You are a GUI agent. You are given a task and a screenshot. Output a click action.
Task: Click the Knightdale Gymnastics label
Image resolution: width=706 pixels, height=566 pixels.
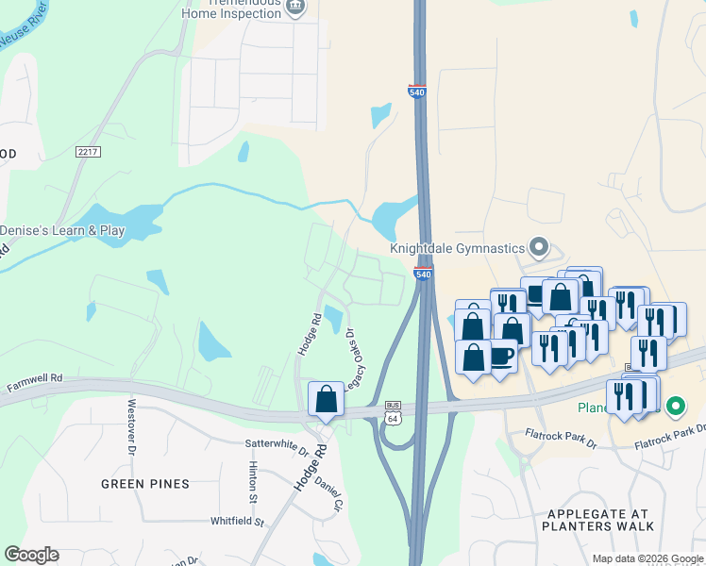tap(457, 248)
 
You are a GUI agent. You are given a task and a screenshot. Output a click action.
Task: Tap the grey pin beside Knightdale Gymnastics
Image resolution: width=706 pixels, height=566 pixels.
tap(539, 248)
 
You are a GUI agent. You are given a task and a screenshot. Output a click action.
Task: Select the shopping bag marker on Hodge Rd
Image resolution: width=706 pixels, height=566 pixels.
tap(326, 399)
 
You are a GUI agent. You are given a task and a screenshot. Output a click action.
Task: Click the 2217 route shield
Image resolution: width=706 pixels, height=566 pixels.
tap(88, 151)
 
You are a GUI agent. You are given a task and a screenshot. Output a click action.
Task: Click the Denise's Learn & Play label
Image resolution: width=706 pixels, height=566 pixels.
tap(62, 230)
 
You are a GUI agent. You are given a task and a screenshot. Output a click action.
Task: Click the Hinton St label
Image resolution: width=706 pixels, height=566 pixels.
tap(253, 481)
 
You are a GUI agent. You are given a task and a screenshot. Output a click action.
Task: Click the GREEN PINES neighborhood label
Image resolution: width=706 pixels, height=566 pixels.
tap(146, 484)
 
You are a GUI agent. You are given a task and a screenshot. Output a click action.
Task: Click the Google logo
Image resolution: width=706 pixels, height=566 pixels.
tap(32, 555)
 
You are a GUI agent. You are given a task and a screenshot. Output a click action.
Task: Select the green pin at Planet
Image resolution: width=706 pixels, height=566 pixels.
tap(675, 408)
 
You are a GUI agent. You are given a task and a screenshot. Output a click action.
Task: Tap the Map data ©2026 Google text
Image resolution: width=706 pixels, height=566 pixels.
tap(647, 558)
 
